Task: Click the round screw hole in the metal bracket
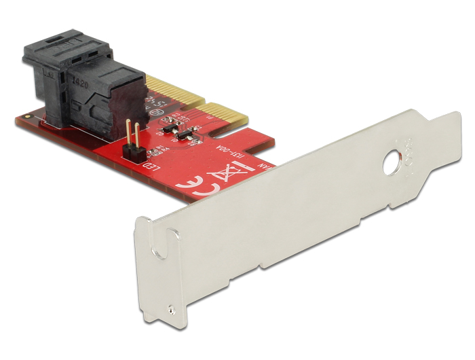pyautogui.click(x=392, y=165)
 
